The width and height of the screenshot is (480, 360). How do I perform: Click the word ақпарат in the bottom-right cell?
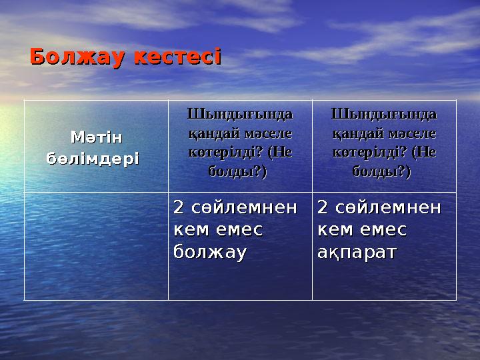pyautogui.click(x=357, y=253)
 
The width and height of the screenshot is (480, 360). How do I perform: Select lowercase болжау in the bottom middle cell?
pyautogui.click(x=210, y=253)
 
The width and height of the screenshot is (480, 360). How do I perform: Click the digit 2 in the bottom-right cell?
pyautogui.click(x=323, y=208)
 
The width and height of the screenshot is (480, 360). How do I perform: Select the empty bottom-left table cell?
pyautogui.click(x=96, y=246)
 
